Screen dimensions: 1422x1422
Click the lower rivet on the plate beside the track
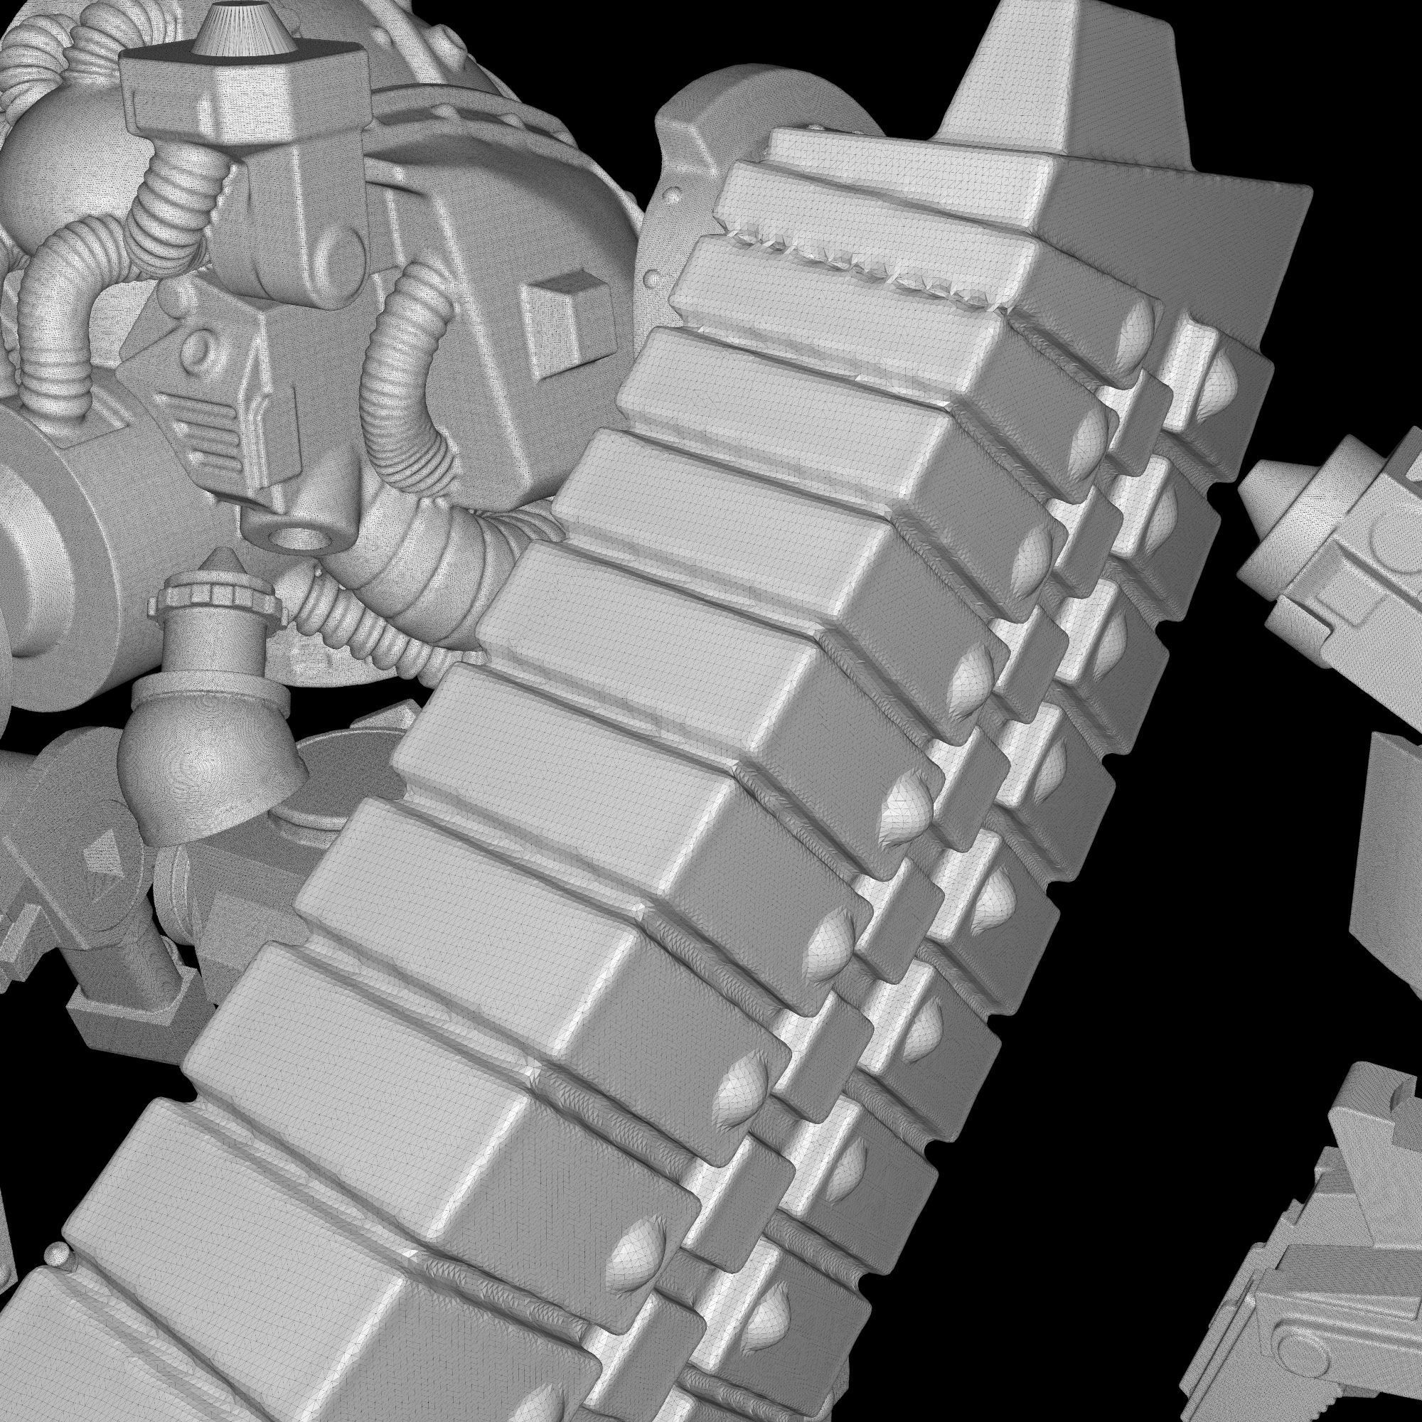point(653,278)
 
